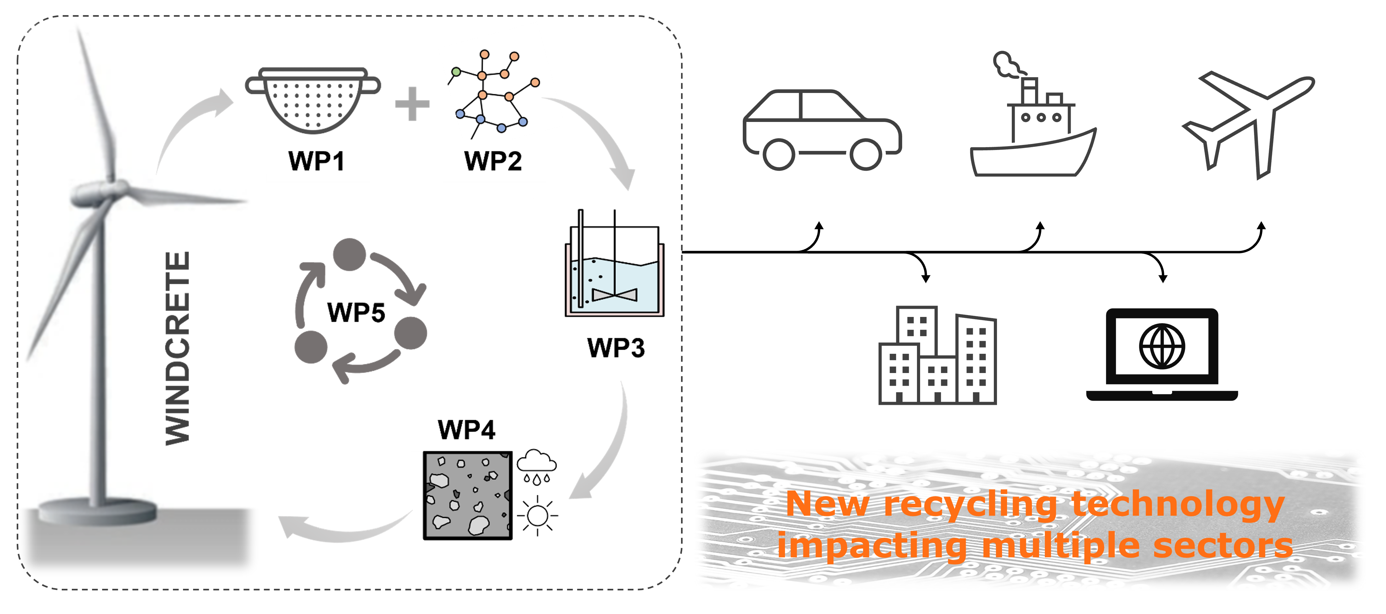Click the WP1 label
[316, 161]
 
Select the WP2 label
[492, 161]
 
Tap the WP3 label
[616, 347]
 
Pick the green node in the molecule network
[456, 71]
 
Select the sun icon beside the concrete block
[537, 515]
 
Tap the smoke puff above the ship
[1005, 66]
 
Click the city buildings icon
[937, 356]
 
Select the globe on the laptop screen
[1162, 346]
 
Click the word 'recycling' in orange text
[970, 505]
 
